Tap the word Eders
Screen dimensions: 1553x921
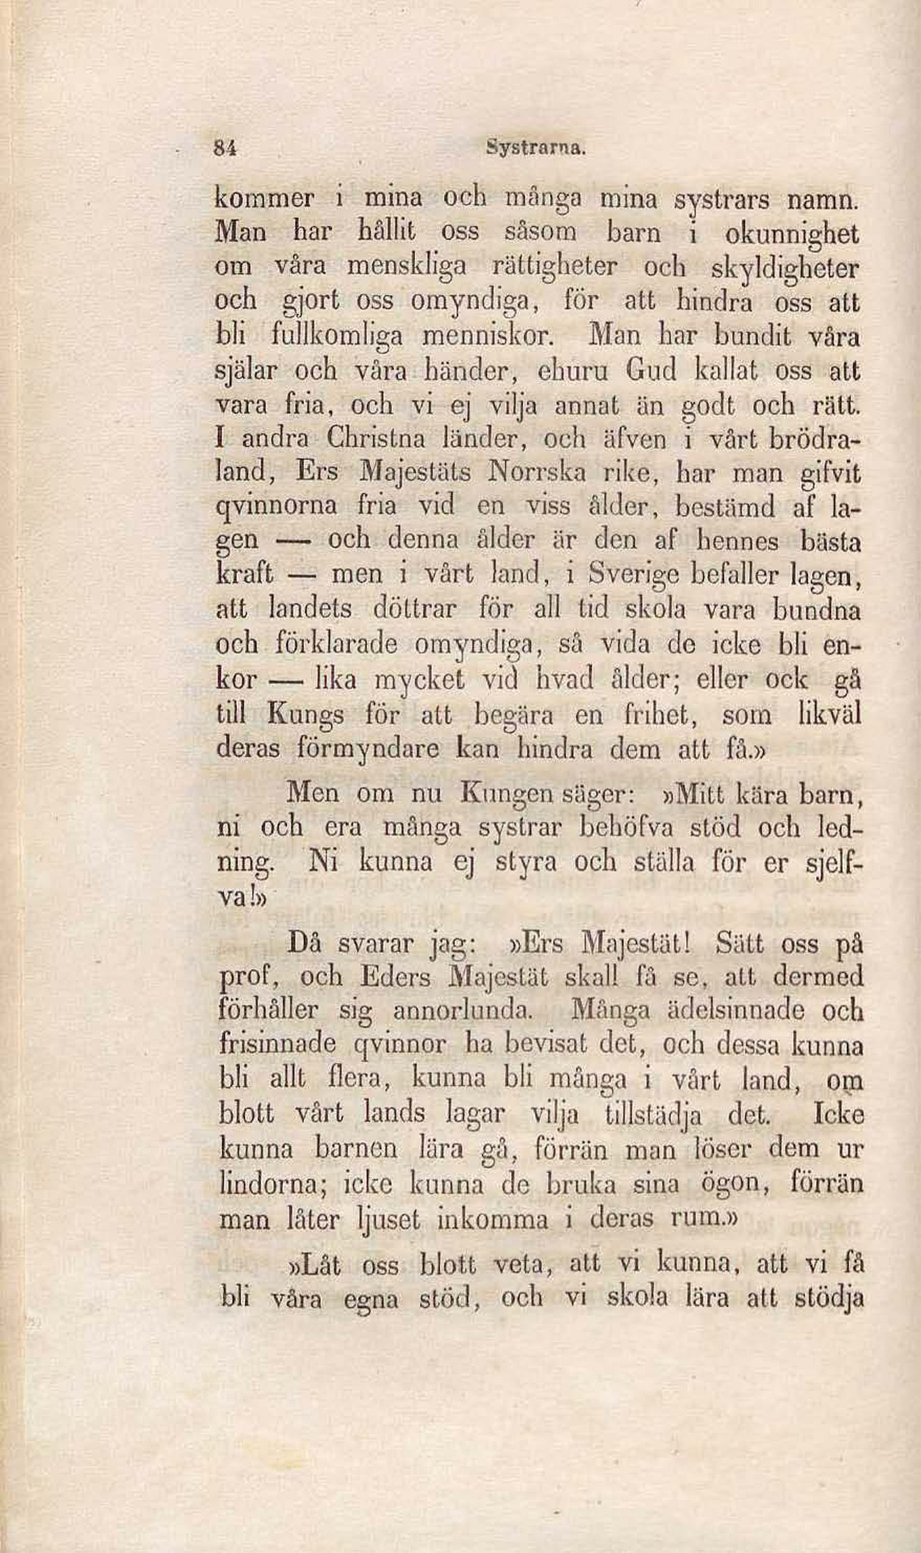tap(399, 976)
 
